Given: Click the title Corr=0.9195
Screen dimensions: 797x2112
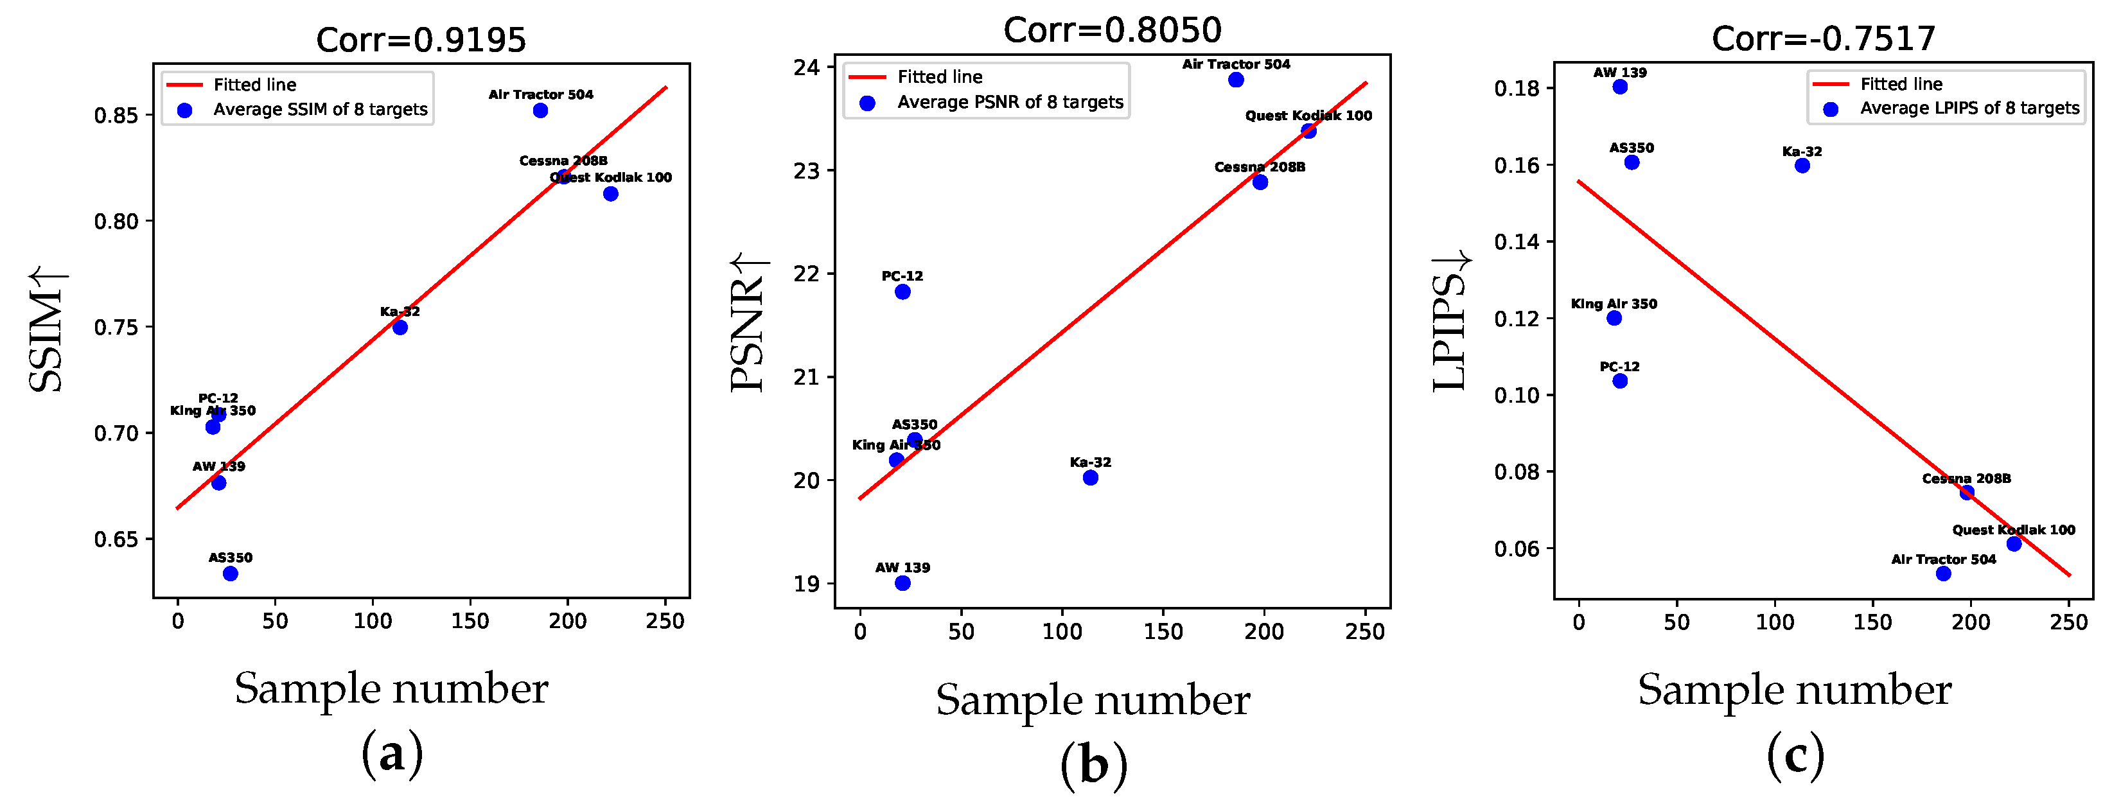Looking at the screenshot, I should click(x=421, y=39).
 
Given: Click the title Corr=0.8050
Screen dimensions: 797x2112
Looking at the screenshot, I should click(x=1112, y=30).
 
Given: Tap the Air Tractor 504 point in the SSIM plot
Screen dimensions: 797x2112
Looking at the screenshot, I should click(x=540, y=110).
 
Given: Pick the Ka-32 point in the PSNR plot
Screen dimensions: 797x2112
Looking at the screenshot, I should click(x=1091, y=477).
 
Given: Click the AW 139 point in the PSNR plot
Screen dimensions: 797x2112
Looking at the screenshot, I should click(x=902, y=583).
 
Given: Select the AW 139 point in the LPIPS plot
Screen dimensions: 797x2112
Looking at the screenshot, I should click(x=1620, y=86).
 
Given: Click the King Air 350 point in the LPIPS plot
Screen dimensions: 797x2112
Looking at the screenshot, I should click(x=1614, y=317).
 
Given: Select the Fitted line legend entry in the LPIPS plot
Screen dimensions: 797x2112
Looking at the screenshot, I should click(x=1901, y=83).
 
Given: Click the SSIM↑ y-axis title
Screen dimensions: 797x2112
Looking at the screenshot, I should click(x=47, y=331).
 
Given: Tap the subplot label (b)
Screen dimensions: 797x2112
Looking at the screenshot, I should click(x=1094, y=764).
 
